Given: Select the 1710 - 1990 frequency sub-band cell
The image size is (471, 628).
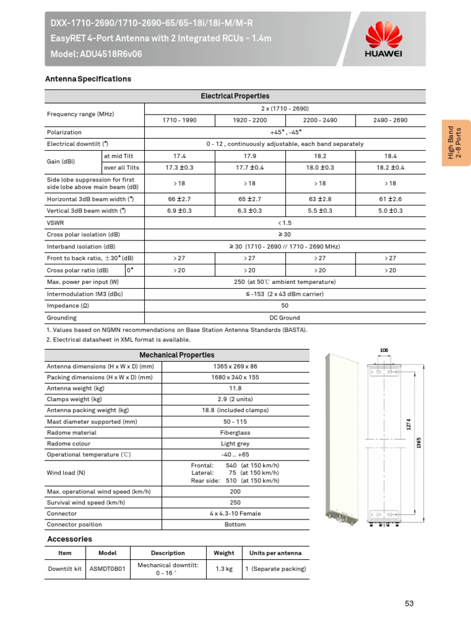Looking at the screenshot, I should (x=179, y=120).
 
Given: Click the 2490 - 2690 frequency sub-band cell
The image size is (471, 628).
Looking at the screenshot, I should (x=390, y=120).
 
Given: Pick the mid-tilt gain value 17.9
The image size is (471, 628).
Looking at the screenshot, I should (x=250, y=156).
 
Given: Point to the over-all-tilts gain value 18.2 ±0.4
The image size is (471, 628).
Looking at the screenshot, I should (x=390, y=167).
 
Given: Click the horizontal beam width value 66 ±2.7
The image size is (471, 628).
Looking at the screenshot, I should (x=179, y=199).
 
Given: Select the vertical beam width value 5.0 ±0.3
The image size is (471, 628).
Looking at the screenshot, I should (x=390, y=210).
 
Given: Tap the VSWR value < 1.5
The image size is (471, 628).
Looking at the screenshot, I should (x=285, y=223).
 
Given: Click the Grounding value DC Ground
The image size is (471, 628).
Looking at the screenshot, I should (x=285, y=318).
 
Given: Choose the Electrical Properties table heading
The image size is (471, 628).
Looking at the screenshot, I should (x=235, y=96).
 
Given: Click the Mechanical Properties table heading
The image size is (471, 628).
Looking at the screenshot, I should (x=177, y=355).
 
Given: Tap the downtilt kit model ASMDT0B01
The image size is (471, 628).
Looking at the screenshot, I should (x=107, y=569).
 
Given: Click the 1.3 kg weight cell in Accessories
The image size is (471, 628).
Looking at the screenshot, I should (x=223, y=569).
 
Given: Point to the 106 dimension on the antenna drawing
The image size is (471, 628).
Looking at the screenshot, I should (x=384, y=350).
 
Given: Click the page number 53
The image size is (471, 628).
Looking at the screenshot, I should (x=409, y=603).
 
